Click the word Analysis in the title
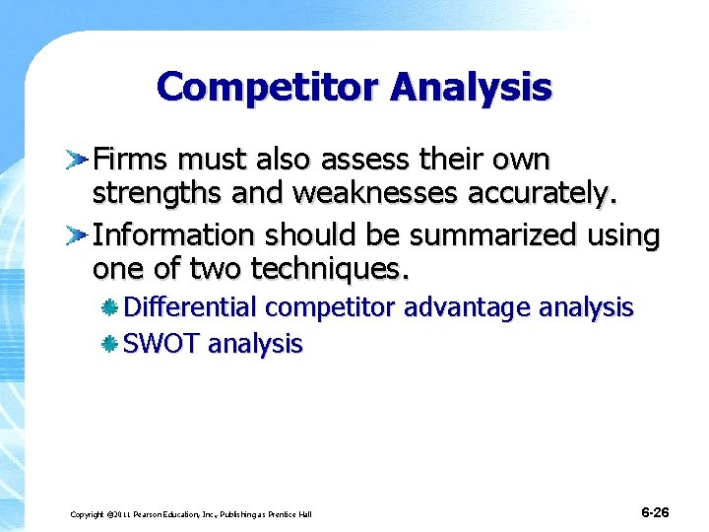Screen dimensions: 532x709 471,87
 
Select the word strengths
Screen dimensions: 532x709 161,193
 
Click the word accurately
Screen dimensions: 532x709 541,193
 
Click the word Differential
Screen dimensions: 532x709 192,307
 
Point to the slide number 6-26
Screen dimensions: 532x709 655,512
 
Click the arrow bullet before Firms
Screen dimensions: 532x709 78,159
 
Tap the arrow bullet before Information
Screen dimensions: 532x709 78,234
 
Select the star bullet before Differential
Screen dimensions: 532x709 111,307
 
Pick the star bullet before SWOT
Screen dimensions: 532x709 111,344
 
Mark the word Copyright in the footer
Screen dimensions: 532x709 87,514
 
